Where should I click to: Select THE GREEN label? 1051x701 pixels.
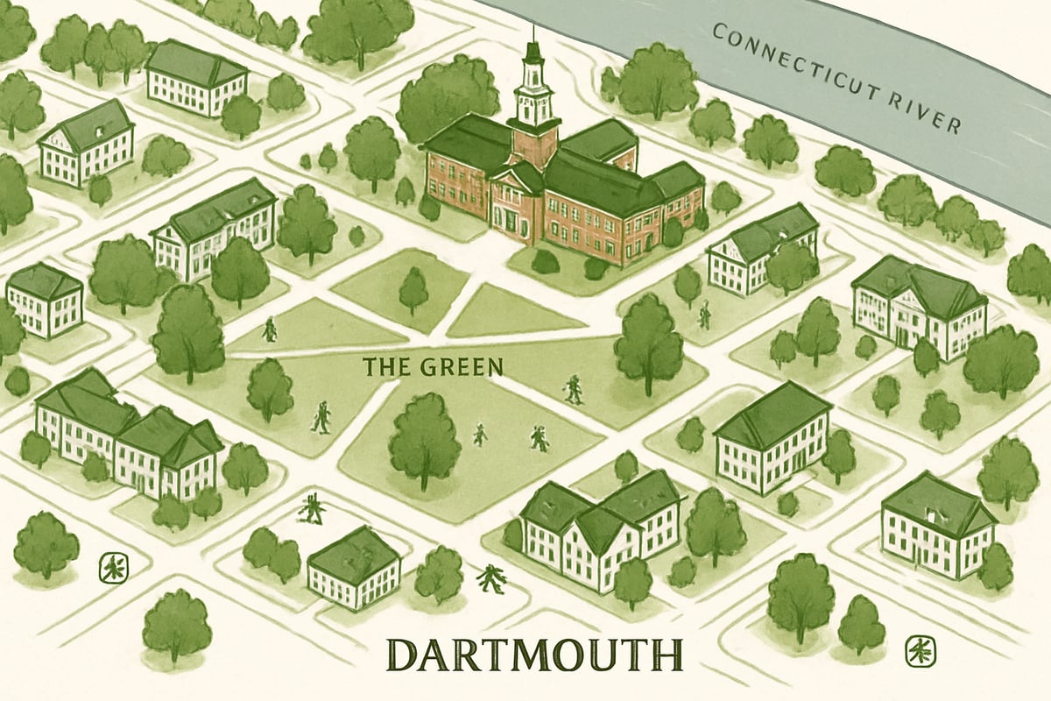coord(434,365)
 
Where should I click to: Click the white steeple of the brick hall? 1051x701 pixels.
coord(531,92)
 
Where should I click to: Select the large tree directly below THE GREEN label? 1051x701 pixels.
coord(425,438)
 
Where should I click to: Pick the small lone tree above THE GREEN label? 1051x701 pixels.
coord(413,289)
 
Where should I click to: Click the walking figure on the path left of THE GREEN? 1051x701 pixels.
coord(270,329)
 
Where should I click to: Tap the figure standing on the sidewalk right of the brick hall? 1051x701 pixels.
coord(704,315)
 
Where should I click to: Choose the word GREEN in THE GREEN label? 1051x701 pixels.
coord(465,365)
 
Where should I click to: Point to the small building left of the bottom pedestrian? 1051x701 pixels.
coord(354,568)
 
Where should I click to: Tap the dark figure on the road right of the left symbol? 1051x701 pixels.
coord(310,507)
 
